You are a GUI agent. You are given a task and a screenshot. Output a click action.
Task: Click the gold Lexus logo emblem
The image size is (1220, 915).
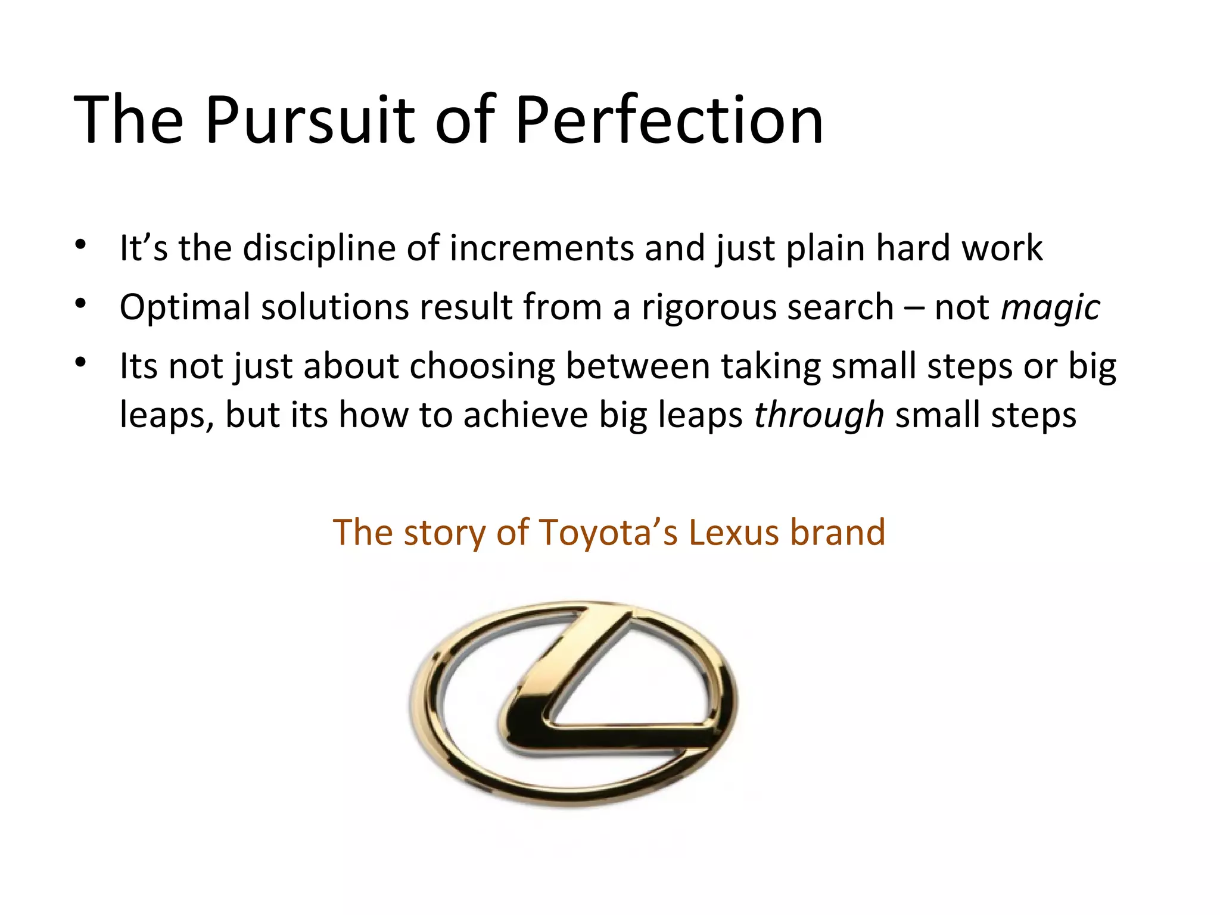pyautogui.click(x=574, y=703)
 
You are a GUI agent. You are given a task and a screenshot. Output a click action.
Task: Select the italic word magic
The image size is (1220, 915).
pyautogui.click(x=1050, y=308)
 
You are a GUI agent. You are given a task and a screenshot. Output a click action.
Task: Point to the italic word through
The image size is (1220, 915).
pyautogui.click(x=819, y=415)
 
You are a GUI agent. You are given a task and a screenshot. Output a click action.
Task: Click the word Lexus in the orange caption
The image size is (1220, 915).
pyautogui.click(x=733, y=532)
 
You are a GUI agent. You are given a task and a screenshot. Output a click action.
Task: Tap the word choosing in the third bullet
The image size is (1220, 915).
pyautogui.click(x=482, y=366)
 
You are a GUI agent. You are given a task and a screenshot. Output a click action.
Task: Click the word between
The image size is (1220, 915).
pyautogui.click(x=637, y=366)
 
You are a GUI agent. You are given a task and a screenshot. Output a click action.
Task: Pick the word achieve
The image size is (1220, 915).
pyautogui.click(x=525, y=415)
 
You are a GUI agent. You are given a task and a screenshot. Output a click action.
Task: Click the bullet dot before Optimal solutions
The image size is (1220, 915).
pyautogui.click(x=81, y=304)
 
